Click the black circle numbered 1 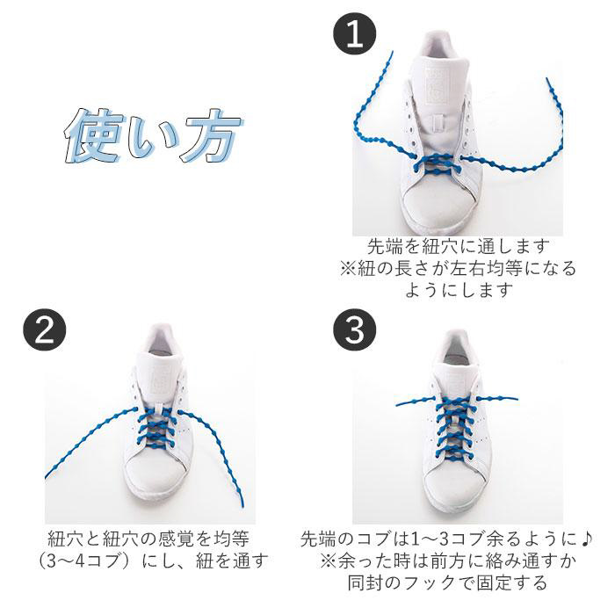coord(355,33)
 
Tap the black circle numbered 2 coord(44,329)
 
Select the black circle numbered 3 coord(355,329)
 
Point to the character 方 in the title coord(213,135)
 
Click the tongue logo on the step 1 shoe coord(436,86)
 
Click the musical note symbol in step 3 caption coord(586,539)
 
